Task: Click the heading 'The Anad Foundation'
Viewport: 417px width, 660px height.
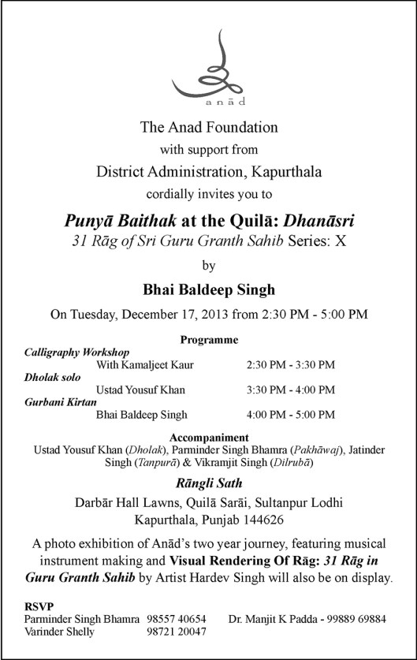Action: click(208, 126)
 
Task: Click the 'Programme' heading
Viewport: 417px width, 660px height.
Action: click(209, 340)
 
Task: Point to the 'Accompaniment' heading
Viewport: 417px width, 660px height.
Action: click(209, 437)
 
